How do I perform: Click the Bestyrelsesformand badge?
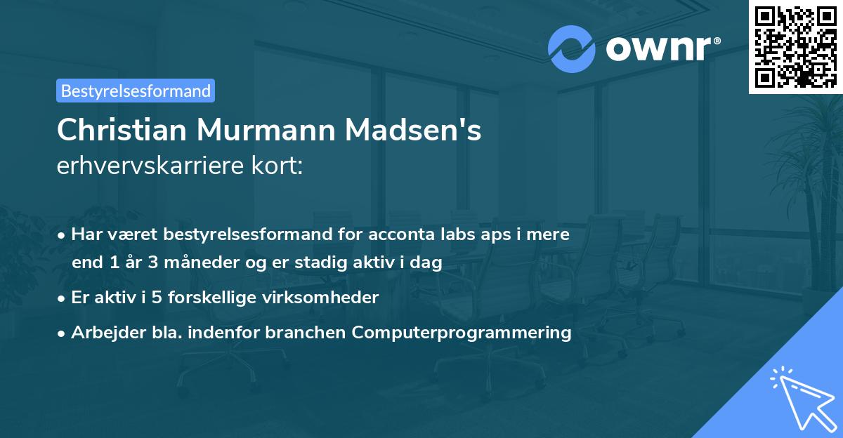coord(136,91)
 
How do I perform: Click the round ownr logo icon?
coord(571,48)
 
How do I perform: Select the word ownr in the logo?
coord(658,48)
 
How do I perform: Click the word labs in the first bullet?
coord(454,234)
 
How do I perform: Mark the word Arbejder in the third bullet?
coord(102,332)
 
